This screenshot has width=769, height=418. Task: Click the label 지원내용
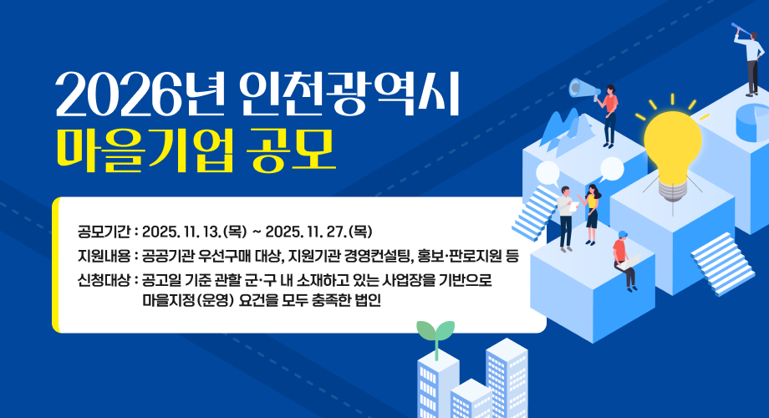99,255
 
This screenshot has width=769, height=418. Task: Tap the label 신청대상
99,280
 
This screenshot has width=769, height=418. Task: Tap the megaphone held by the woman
580,88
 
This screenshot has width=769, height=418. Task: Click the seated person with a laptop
624,259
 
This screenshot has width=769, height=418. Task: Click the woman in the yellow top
592,212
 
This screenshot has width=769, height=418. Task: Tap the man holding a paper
566,216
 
